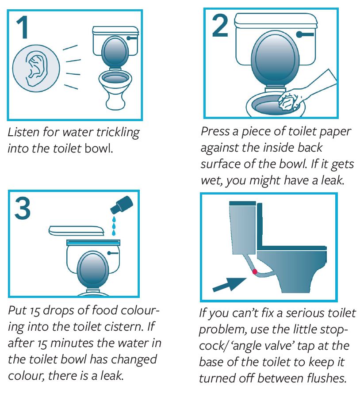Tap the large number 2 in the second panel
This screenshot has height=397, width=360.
(220, 26)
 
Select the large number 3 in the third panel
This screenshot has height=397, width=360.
(23, 208)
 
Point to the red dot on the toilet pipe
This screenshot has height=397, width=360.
(255, 272)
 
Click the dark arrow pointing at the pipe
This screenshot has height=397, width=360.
(229, 285)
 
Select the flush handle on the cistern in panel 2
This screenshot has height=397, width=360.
(305, 34)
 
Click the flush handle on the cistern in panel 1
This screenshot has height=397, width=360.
(132, 38)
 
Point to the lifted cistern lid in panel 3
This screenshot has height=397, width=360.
(76, 230)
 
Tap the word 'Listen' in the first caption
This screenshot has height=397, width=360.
(23, 132)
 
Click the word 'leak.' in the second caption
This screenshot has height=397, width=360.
(333, 180)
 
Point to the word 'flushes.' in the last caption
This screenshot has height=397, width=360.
(326, 378)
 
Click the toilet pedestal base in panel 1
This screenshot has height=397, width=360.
(116, 101)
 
